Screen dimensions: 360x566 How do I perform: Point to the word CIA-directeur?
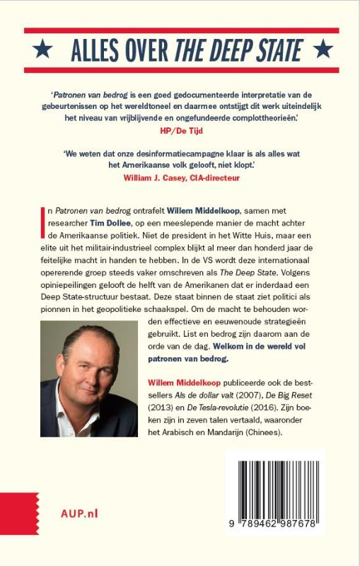point(211,178)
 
